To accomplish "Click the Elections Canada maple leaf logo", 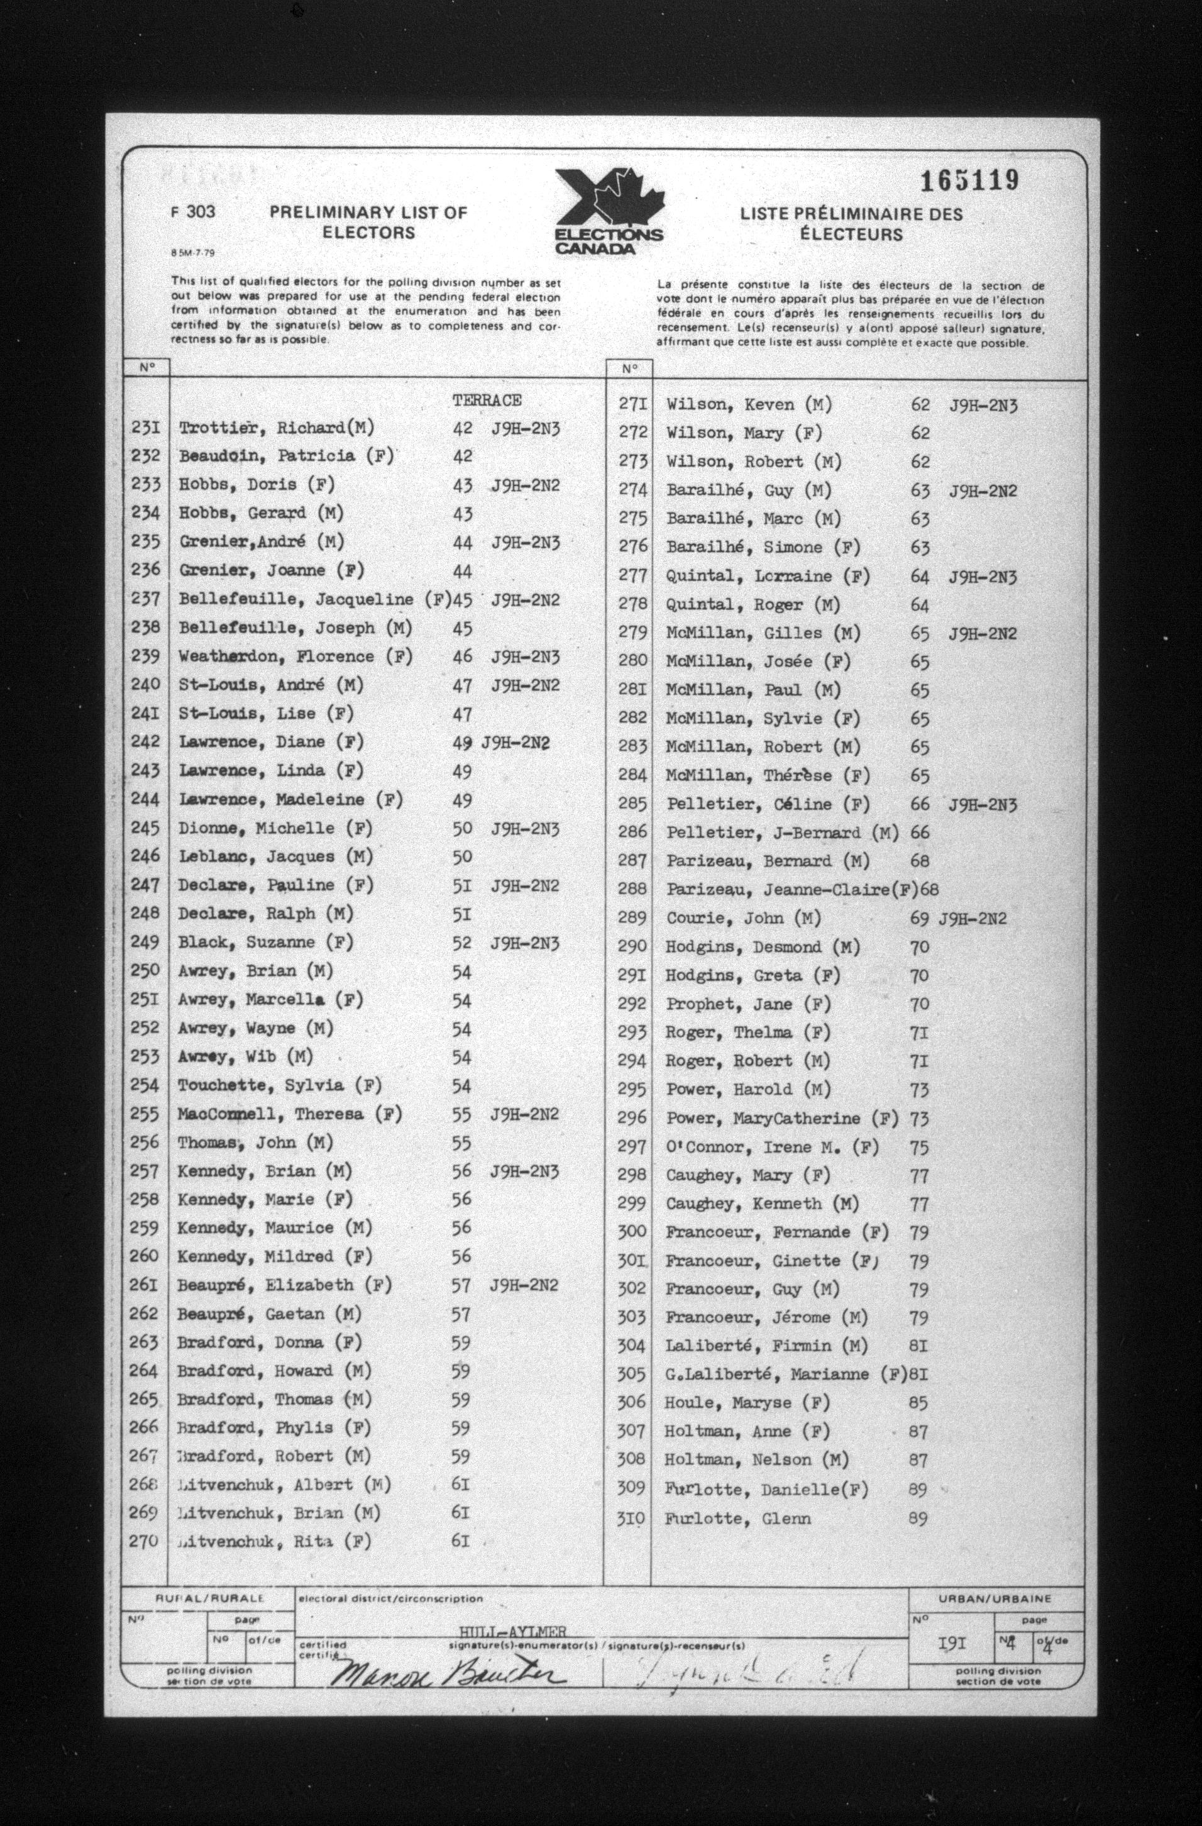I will (609, 211).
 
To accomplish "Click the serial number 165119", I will (969, 181).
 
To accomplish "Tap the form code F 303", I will (192, 213).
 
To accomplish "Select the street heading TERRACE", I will (487, 401).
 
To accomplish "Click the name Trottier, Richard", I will (276, 428).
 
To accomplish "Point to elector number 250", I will (145, 971).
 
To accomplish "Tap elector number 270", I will (143, 1541).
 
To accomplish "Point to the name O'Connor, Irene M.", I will (771, 1148).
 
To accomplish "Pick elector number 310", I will (631, 1519).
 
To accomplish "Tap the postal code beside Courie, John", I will (973, 919).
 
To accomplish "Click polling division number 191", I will (951, 1644).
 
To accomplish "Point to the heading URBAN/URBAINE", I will (994, 1599).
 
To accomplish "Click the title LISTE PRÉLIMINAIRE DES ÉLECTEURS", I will (851, 224).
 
